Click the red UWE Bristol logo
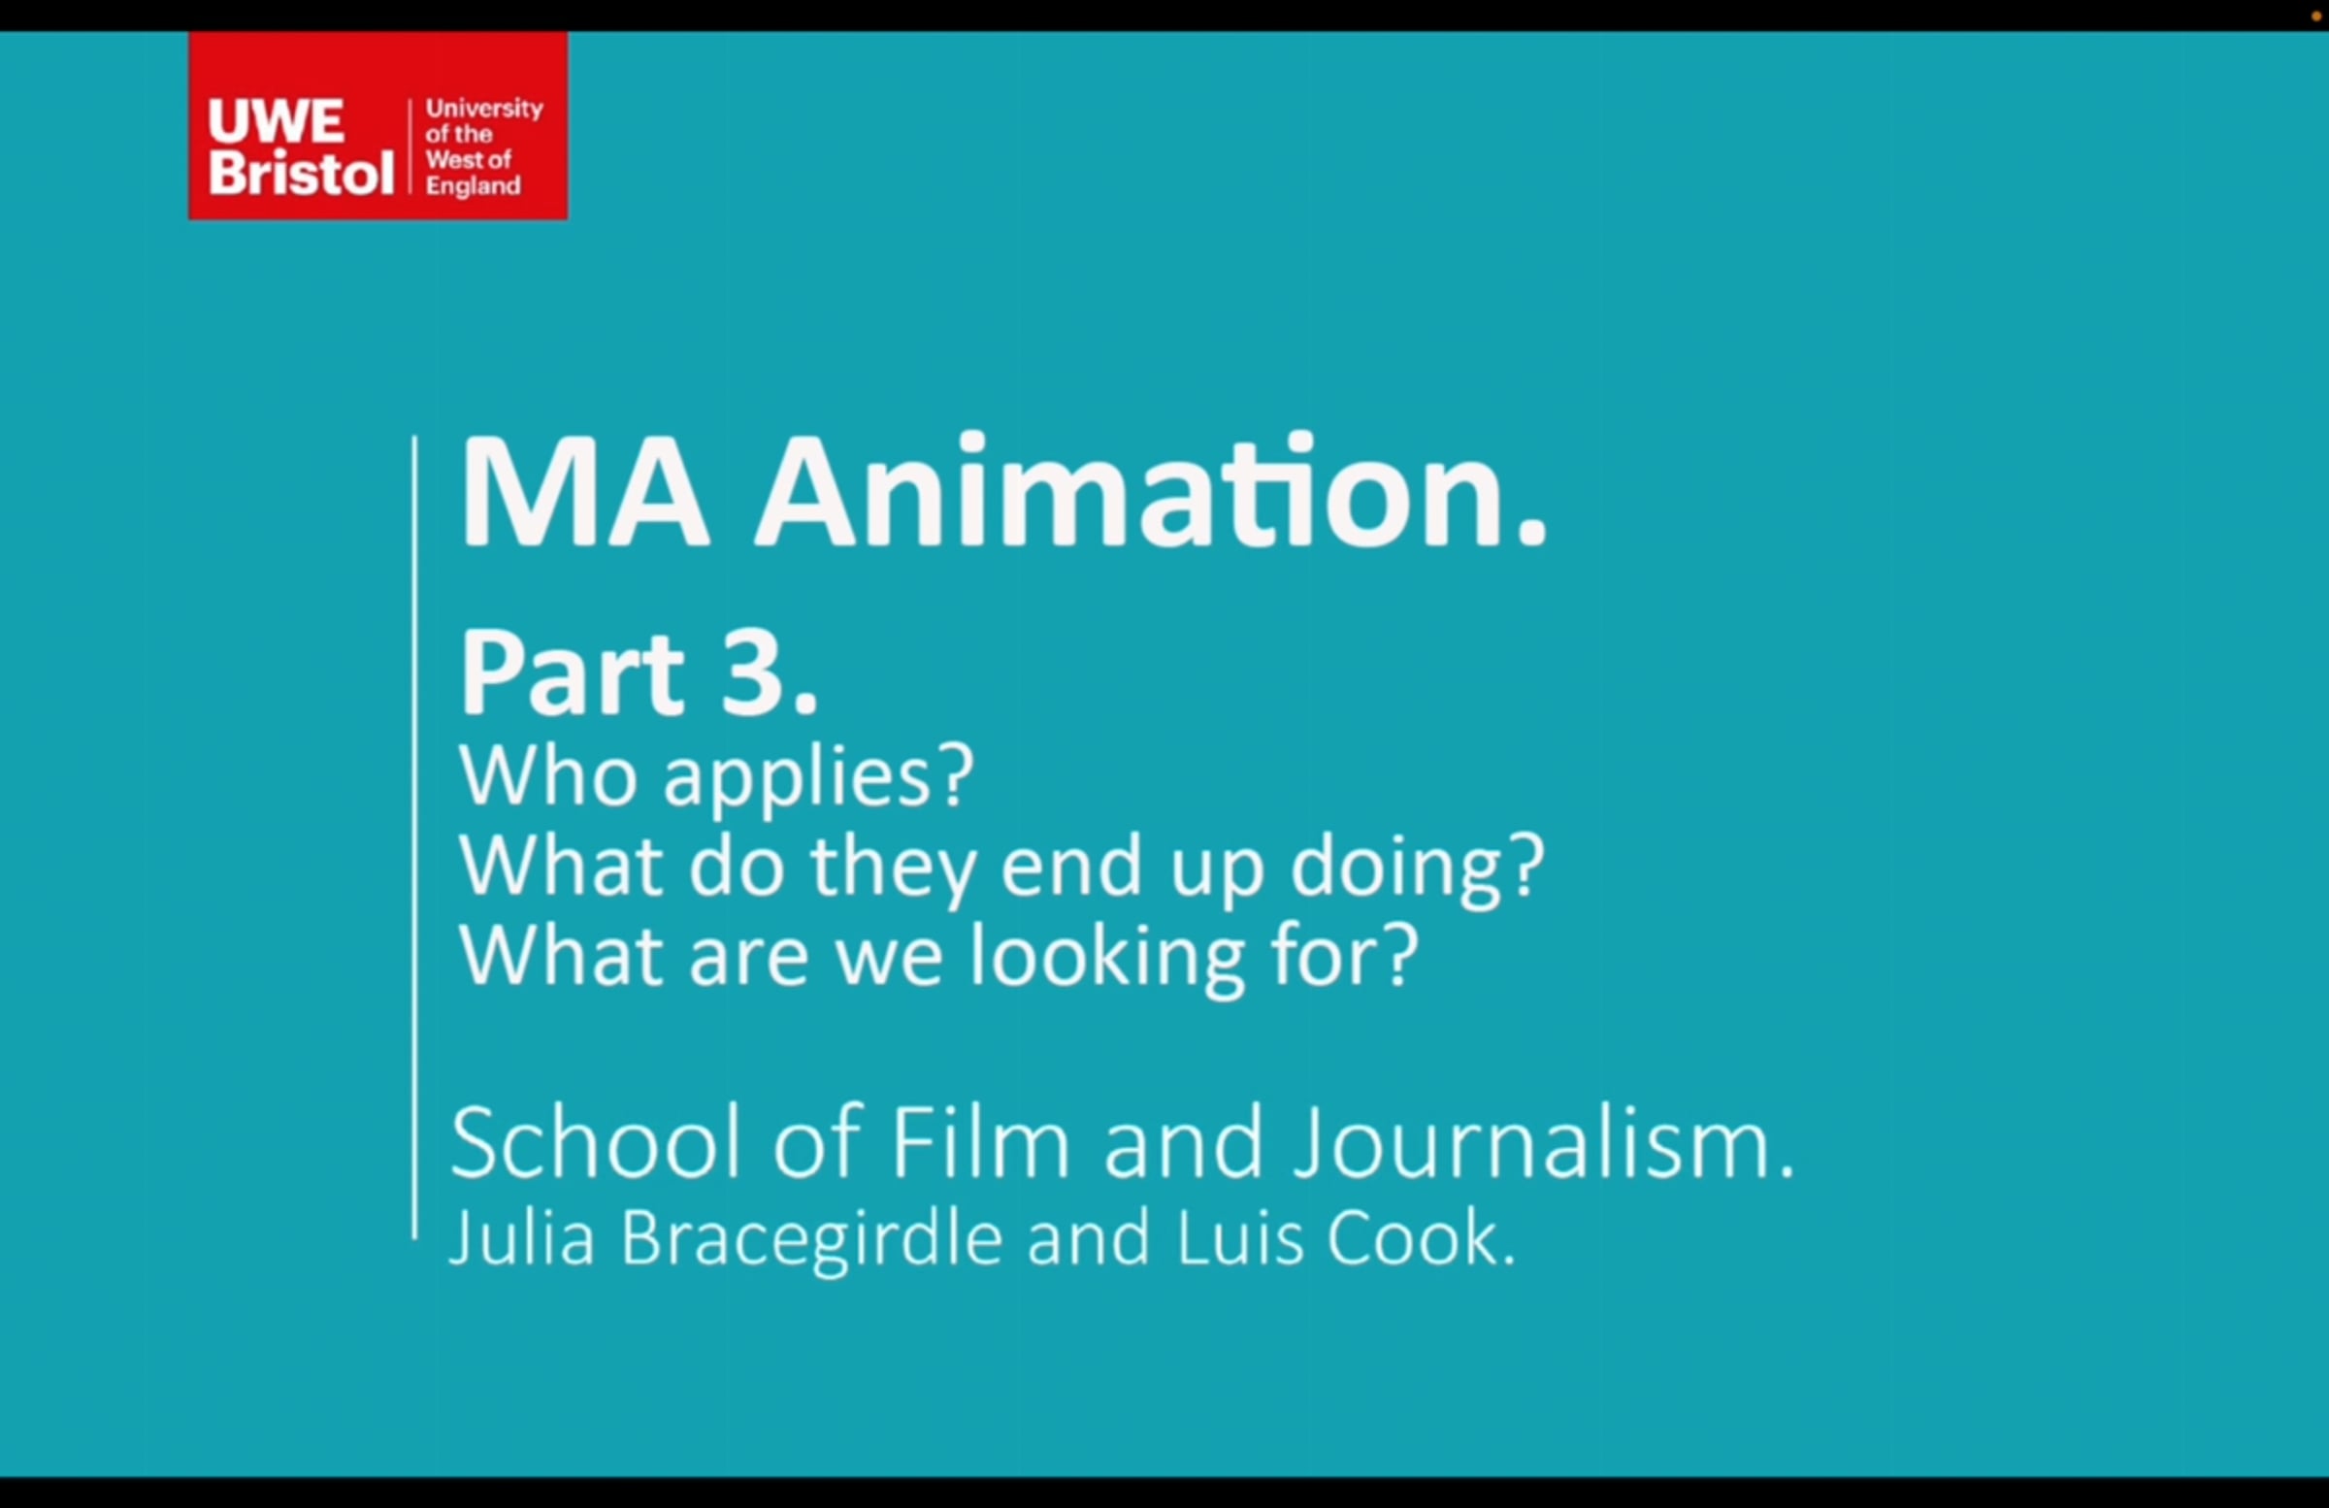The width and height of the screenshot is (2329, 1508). (x=377, y=125)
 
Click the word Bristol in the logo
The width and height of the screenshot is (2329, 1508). (x=302, y=172)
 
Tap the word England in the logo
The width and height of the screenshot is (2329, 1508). (x=473, y=186)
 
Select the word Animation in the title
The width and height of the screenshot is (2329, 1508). (x=1150, y=492)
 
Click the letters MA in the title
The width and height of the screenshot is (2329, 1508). (x=584, y=492)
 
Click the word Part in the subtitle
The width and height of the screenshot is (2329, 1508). (x=574, y=673)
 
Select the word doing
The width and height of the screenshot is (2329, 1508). (x=1418, y=869)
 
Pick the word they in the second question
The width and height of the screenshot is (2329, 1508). (x=892, y=869)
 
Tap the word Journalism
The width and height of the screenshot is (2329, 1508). (x=1543, y=1143)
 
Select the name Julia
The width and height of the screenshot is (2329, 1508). (x=522, y=1239)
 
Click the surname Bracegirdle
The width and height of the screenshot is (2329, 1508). (x=812, y=1241)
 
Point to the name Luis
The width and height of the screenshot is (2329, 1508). (x=1241, y=1239)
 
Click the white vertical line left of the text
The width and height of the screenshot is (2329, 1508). (x=415, y=837)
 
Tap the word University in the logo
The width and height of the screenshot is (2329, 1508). (x=484, y=110)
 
